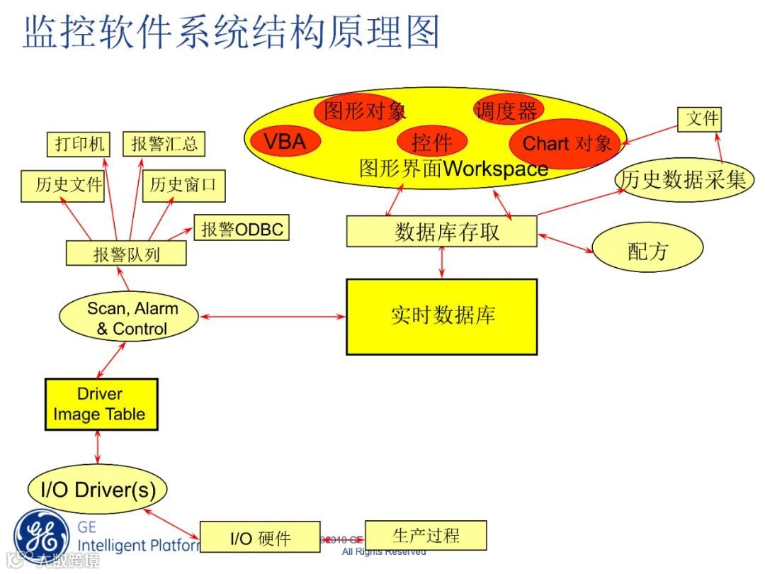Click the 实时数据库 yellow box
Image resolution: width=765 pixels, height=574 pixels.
coord(441,317)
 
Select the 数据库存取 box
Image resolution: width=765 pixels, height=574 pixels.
coord(441,232)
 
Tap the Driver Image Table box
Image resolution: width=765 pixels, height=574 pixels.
coord(101,404)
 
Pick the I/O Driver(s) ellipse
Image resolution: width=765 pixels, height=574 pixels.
coord(97,489)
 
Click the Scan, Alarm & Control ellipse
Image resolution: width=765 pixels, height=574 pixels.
coord(129,319)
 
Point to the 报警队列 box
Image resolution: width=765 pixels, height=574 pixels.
coord(126,253)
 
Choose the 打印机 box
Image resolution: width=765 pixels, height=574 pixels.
coord(79,145)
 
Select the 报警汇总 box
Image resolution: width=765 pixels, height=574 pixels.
coord(164,145)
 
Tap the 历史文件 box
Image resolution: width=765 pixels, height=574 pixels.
coord(62,186)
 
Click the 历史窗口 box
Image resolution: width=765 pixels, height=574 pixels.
coord(183,186)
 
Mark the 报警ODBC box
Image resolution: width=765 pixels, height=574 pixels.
coord(242,229)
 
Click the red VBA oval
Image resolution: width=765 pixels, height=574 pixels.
coord(285,142)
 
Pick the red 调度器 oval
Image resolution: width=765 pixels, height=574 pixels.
coord(508,110)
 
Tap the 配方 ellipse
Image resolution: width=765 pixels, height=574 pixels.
coord(647,249)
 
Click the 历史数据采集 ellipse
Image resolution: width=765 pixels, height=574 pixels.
coord(683,180)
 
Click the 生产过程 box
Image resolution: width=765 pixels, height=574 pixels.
coord(426,535)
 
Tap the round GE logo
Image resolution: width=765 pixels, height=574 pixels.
coord(42,535)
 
